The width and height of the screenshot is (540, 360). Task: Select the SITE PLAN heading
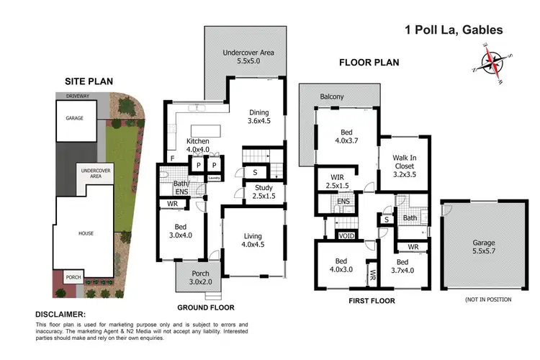click(90, 82)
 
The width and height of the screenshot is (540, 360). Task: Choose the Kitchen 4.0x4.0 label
click(198, 145)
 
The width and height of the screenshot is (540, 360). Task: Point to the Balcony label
click(332, 96)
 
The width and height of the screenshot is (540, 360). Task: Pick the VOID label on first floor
click(346, 235)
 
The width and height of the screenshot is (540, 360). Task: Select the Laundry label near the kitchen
click(213, 179)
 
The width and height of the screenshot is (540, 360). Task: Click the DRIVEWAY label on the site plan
click(78, 95)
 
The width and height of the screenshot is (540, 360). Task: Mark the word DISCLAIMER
click(60, 315)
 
